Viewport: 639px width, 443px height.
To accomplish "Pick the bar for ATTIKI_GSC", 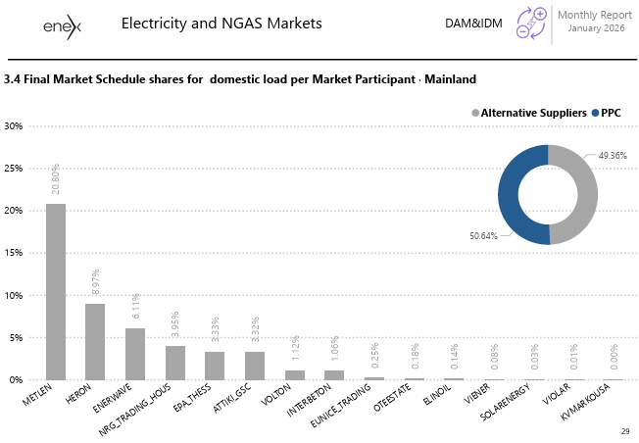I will pos(255,366).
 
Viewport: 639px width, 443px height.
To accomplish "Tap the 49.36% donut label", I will pos(613,155).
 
